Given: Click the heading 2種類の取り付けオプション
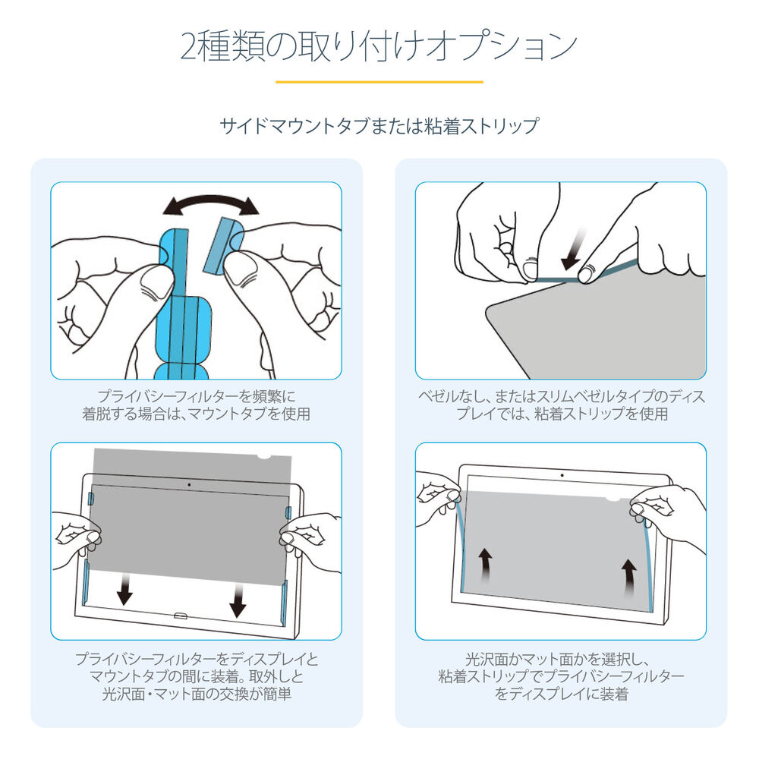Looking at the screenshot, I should point(379,46).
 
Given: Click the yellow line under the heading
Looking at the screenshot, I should point(379,81).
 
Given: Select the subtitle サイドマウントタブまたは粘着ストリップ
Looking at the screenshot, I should point(379,125).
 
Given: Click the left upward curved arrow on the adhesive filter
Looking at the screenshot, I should point(485,565).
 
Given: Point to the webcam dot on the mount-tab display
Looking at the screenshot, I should point(187,483).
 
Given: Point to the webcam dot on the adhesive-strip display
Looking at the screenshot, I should point(562,475).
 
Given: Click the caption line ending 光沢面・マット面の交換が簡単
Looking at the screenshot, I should point(197,694).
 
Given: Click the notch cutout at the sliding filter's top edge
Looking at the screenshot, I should point(265,457).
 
